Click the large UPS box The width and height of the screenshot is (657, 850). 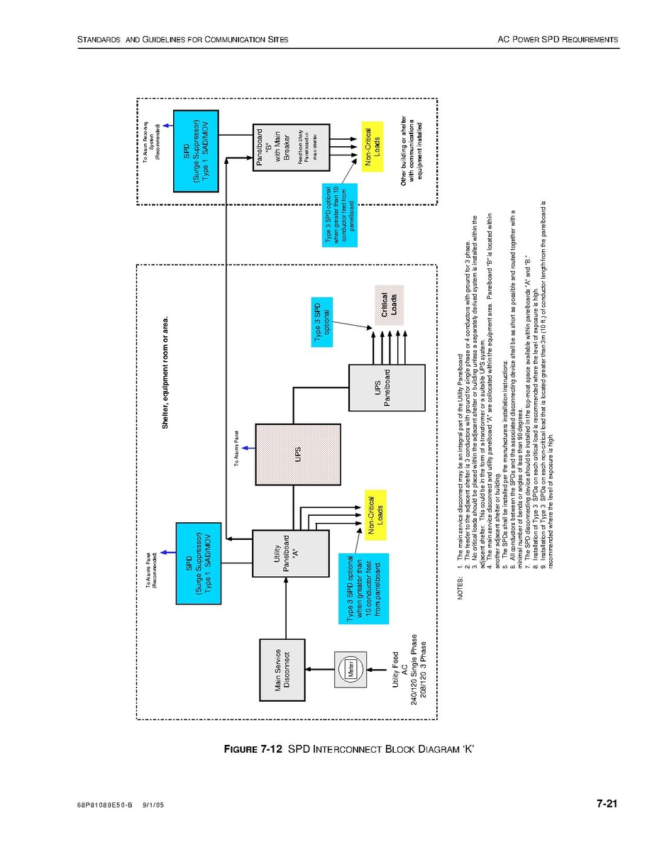tap(294, 451)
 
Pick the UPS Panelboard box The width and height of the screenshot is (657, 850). tap(386, 387)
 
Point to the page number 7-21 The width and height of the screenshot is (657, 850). tap(607, 804)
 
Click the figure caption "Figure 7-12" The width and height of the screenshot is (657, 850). tap(253, 749)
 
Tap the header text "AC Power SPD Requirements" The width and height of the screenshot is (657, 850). tap(558, 40)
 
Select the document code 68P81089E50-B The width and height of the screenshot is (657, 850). tap(105, 805)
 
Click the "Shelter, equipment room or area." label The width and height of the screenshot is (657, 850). tap(166, 372)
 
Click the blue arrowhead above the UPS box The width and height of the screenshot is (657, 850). tap(244, 448)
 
